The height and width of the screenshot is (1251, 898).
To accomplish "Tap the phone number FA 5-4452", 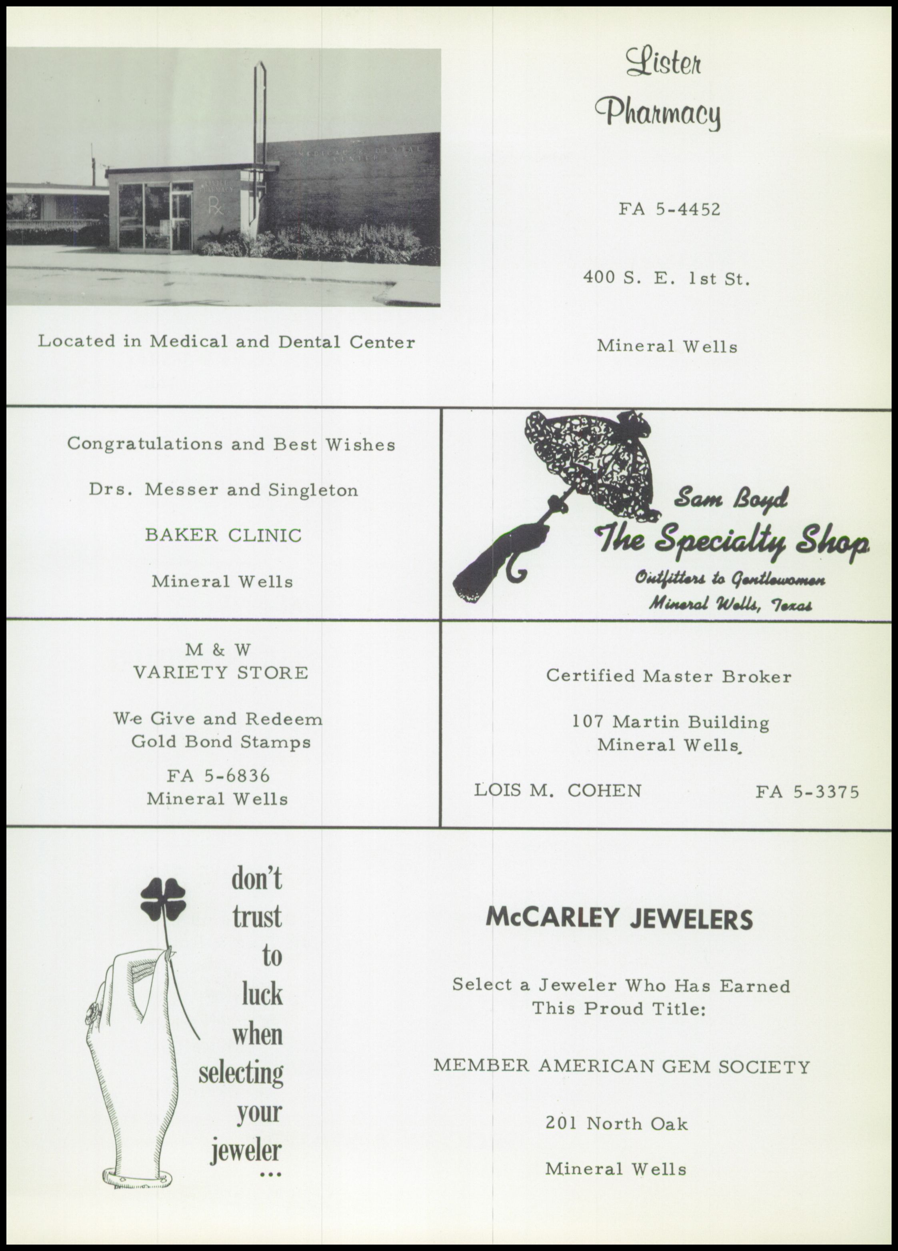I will [x=669, y=210].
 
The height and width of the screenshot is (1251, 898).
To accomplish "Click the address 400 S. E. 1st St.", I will [x=667, y=278].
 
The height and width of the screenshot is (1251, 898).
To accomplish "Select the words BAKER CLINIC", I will [x=223, y=535].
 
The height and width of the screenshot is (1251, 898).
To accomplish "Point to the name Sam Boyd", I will [x=732, y=498].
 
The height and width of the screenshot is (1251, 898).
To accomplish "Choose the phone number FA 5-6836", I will [x=219, y=776].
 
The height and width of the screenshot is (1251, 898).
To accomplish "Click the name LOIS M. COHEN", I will [x=558, y=791].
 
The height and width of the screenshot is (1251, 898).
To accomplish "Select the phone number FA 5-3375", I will [x=807, y=792].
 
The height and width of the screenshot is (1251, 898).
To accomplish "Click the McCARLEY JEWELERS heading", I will [x=619, y=919].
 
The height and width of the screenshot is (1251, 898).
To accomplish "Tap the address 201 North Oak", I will [x=617, y=1124].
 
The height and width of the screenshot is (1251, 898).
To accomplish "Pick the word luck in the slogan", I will [x=262, y=994].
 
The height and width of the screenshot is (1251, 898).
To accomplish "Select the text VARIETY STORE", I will [x=221, y=673].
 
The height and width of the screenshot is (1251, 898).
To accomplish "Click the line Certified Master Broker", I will [x=668, y=676].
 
